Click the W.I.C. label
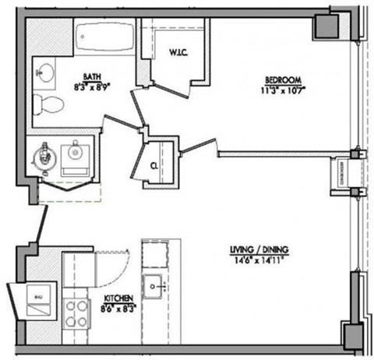[x=176, y=53]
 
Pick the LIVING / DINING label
[x=259, y=249]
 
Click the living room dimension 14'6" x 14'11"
[x=259, y=259]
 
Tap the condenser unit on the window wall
[x=341, y=173]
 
